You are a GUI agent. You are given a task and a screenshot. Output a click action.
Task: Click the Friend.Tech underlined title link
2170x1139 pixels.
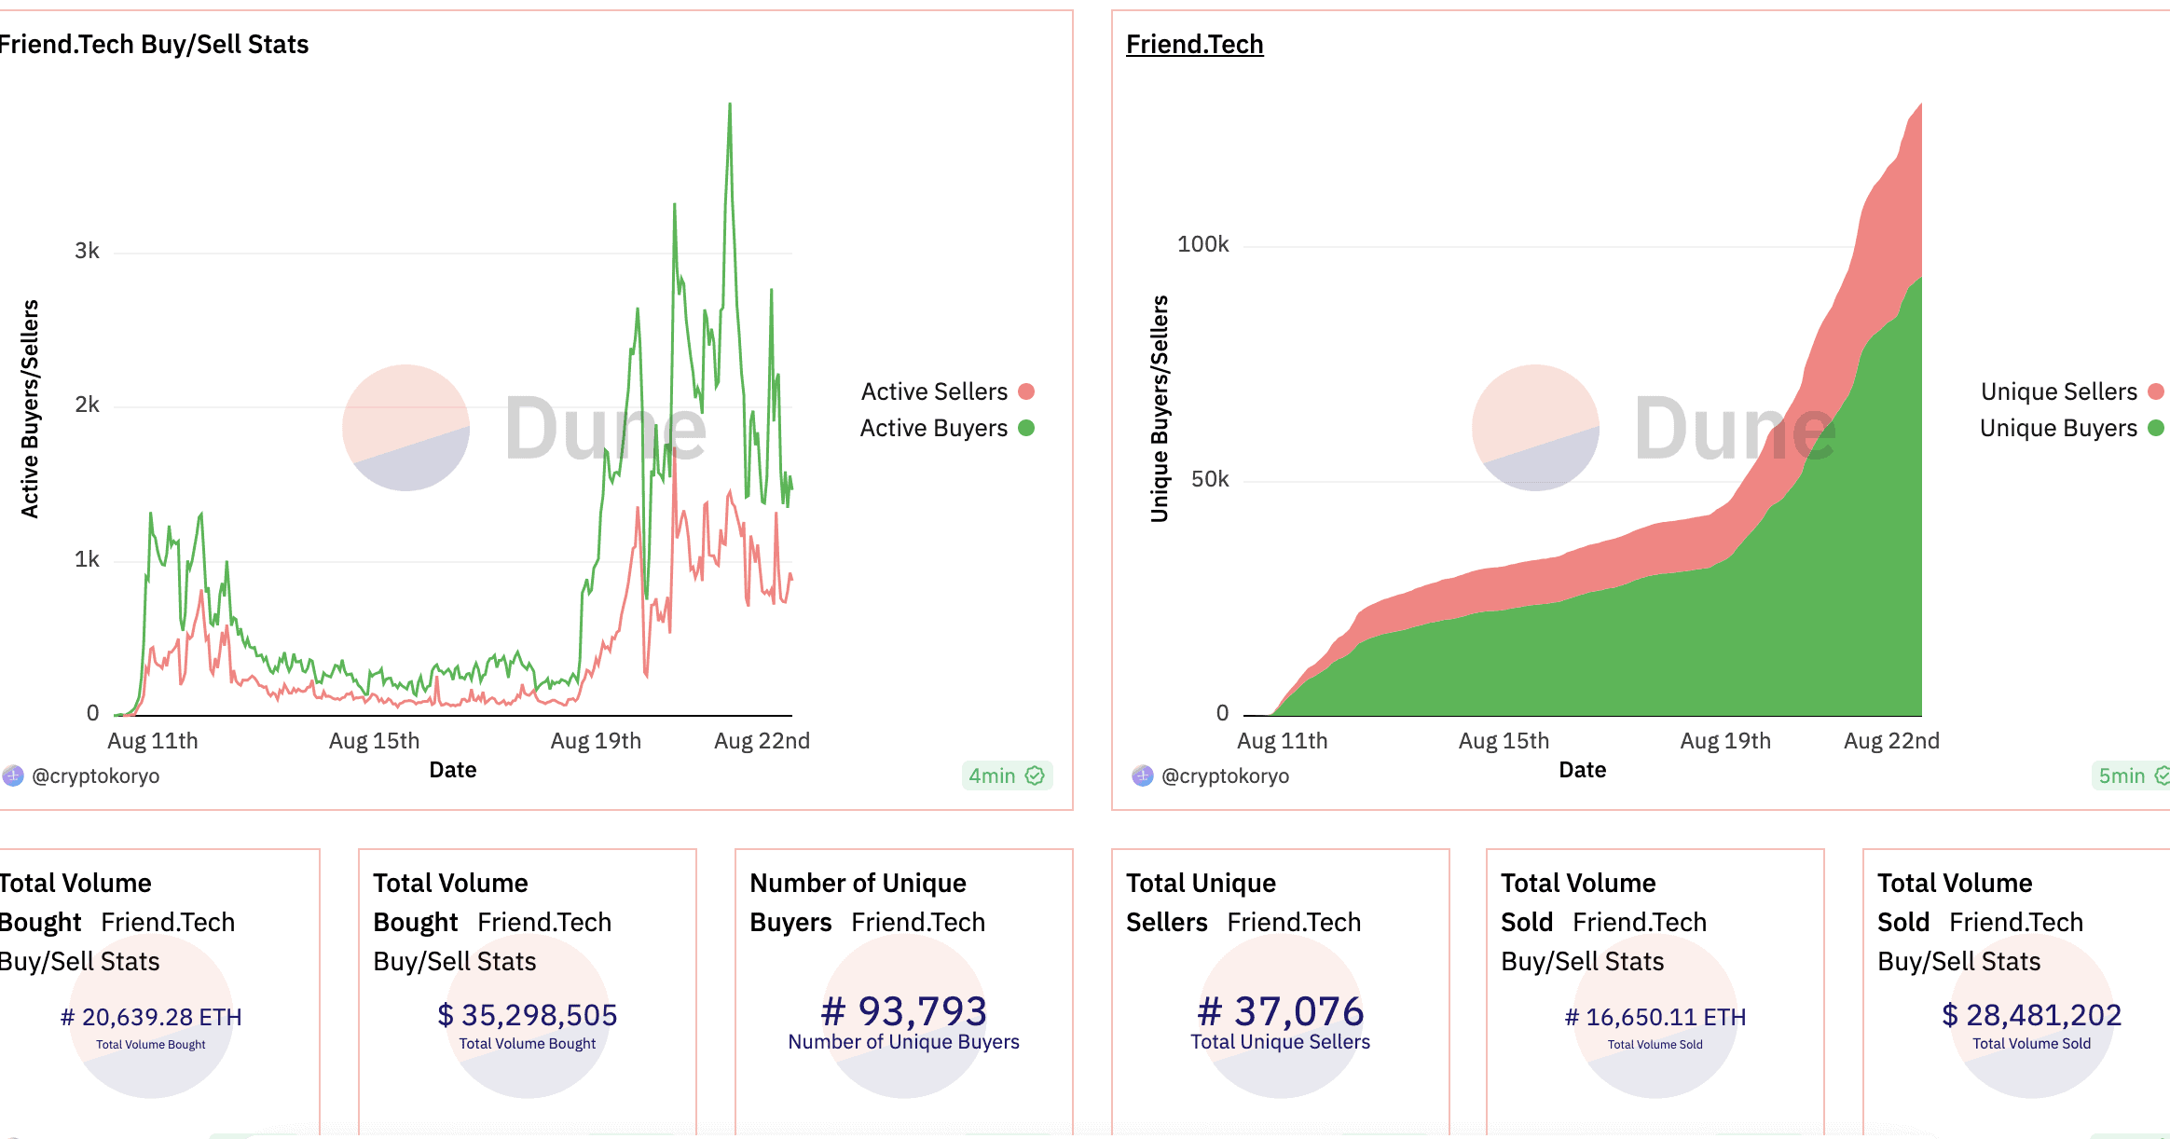[1194, 44]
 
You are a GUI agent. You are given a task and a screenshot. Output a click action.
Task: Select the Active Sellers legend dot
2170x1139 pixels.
[1026, 391]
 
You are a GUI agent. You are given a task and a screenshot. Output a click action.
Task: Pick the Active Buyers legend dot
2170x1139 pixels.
[1026, 428]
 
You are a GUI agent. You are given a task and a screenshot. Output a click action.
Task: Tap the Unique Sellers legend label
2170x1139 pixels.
[2058, 391]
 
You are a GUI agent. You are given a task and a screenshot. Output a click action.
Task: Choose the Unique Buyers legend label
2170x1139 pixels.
[2057, 428]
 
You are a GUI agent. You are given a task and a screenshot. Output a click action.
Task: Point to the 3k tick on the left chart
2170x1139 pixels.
[87, 251]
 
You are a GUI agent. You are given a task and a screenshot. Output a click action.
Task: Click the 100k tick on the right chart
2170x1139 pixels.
[1202, 244]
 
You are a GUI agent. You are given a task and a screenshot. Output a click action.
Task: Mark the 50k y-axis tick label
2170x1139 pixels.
[1209, 479]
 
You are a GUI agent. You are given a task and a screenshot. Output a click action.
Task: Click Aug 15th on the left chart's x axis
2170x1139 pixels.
[374, 741]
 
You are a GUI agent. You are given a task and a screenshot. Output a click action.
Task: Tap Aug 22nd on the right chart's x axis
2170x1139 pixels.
[1890, 741]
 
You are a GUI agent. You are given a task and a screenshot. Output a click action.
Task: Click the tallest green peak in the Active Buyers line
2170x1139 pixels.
[730, 105]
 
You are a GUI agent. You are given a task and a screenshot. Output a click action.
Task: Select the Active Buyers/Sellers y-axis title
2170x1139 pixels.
[30, 408]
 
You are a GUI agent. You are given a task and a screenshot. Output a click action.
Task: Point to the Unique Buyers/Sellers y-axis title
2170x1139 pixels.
[1160, 408]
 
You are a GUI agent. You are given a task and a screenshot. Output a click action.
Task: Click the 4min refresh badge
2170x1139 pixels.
[1006, 775]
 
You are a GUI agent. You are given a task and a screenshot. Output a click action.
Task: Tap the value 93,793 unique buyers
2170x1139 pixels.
[903, 1011]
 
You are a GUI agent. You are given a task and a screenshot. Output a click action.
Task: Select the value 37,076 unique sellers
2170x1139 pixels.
[1280, 1011]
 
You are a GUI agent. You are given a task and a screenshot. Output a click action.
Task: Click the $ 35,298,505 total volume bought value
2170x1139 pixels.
[528, 1015]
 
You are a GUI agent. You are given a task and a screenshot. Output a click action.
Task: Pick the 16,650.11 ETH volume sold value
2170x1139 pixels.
[1655, 1017]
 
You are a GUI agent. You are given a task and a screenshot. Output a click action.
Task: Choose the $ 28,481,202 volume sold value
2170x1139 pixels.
[2031, 1015]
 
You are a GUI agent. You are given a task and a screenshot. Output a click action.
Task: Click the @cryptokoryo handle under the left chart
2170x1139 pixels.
[95, 775]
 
